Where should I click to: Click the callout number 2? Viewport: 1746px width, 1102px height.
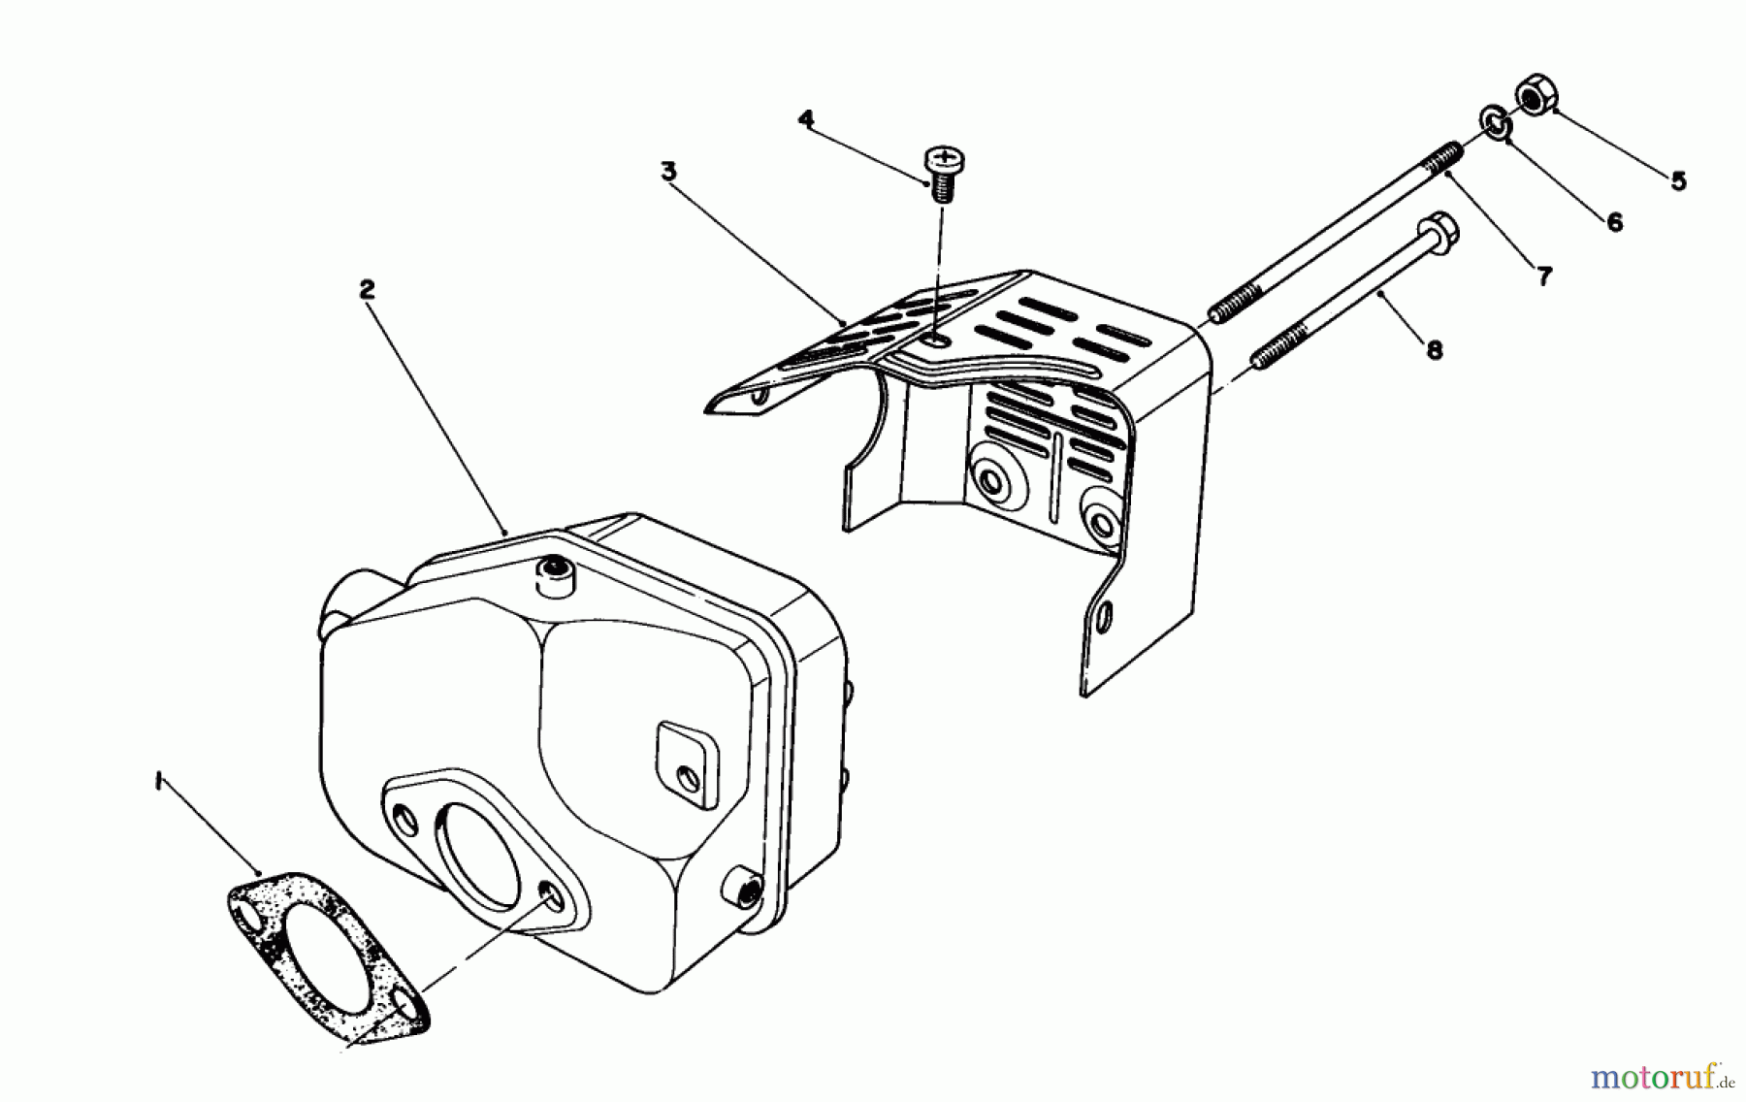tap(366, 290)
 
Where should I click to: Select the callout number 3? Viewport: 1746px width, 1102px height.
tap(668, 172)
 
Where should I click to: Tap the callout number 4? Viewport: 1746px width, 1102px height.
tap(805, 119)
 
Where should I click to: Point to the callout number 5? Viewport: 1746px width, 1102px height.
tap(1678, 180)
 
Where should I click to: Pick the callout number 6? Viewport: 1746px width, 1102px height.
tap(1614, 222)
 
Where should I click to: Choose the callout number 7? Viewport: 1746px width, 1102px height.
tap(1544, 275)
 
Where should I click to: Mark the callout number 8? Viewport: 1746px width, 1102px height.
tap(1434, 349)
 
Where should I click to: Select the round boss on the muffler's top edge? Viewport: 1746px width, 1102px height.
tap(555, 576)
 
